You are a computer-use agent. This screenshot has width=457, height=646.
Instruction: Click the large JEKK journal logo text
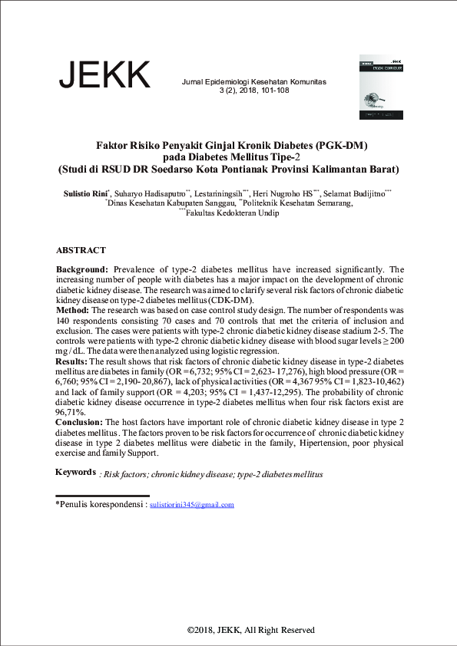[x=104, y=75]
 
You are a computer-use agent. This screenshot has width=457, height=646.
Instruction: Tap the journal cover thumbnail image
[x=381, y=87]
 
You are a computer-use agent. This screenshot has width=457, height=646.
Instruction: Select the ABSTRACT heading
[x=81, y=251]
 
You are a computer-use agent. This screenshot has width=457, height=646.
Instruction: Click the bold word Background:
[x=82, y=270]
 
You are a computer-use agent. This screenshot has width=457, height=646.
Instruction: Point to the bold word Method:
[x=74, y=310]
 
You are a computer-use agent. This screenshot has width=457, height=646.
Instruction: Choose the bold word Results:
[x=73, y=360]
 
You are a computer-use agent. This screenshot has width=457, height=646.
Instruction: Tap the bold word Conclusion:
[x=80, y=423]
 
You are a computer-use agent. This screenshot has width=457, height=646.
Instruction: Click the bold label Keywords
[x=75, y=472]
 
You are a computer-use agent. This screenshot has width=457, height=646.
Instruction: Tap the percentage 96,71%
[x=70, y=411]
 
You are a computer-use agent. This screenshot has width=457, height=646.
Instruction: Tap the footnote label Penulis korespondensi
[x=101, y=505]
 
